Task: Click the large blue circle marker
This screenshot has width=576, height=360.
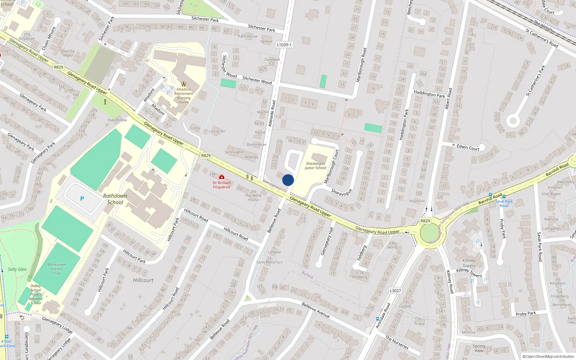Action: (288, 180)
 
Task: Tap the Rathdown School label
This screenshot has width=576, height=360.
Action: (115, 199)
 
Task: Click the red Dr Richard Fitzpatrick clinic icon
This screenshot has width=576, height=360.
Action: (222, 177)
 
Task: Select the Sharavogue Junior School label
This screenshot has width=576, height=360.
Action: (315, 166)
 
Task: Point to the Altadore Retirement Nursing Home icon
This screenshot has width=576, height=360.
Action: (184, 84)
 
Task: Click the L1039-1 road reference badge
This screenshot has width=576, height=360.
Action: (284, 45)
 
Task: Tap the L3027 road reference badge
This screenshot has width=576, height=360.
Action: (395, 291)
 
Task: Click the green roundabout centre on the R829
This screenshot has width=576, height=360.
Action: (430, 233)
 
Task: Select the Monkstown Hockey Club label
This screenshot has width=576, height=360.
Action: (57, 269)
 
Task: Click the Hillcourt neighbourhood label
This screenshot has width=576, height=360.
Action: (143, 280)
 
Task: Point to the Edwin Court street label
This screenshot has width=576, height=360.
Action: (468, 147)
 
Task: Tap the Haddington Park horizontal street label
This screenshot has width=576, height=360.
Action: (429, 94)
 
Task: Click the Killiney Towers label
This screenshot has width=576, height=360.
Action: (469, 263)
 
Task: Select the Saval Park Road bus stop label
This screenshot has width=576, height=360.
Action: (504, 203)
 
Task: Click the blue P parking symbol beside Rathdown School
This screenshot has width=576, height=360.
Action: (82, 199)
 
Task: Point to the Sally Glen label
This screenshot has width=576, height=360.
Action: (17, 269)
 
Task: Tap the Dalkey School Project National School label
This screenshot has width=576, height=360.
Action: (36, 294)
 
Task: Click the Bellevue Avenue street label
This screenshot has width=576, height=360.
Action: (316, 310)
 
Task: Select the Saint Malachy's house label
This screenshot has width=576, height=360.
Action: (269, 262)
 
